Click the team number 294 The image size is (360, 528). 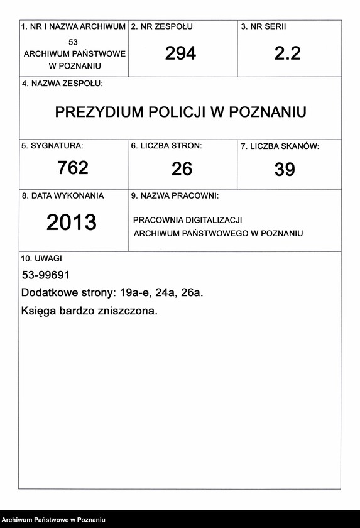click(x=180, y=54)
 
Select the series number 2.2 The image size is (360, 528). click(x=287, y=54)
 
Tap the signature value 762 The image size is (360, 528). click(x=73, y=168)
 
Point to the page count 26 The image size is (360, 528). click(x=182, y=169)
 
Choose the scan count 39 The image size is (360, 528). click(x=285, y=170)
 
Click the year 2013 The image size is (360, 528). click(x=72, y=223)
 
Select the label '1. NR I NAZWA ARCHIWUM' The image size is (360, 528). click(x=74, y=27)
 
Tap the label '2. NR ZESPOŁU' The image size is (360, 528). click(x=161, y=27)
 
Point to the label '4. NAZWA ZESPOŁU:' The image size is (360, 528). click(x=62, y=84)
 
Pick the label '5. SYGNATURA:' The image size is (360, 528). click(x=52, y=146)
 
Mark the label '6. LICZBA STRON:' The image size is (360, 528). click(x=166, y=146)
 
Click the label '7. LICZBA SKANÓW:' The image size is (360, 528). click(x=280, y=146)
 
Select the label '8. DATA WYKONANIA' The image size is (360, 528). click(x=63, y=196)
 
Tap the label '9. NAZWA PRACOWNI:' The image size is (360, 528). click(x=175, y=196)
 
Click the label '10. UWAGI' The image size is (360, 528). click(x=41, y=258)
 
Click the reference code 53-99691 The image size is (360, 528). click(x=45, y=275)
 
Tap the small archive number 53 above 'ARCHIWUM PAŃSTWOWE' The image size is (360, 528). click(x=74, y=41)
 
